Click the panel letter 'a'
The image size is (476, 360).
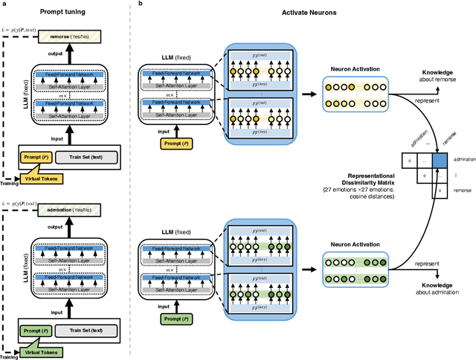tap(4, 4)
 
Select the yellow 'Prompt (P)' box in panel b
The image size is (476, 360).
tap(172, 143)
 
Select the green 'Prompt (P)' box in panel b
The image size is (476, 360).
tap(172, 320)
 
